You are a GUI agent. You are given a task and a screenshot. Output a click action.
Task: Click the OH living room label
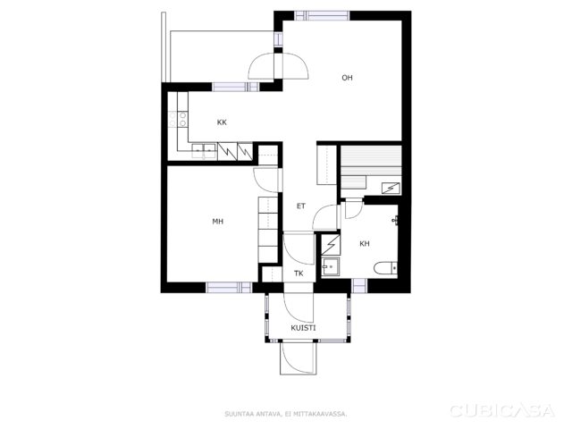tap(347, 78)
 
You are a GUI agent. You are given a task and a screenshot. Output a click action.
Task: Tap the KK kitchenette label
tap(222, 122)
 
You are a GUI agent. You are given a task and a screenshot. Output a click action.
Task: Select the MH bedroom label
tap(218, 222)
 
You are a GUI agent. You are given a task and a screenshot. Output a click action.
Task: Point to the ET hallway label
tap(301, 206)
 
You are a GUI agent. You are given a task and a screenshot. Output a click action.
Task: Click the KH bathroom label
tap(365, 244)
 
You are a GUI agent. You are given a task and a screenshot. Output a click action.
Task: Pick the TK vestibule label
tap(299, 273)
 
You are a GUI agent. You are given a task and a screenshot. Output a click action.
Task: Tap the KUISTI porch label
tap(303, 328)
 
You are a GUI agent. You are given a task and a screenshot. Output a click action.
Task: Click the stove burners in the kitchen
tap(179, 119)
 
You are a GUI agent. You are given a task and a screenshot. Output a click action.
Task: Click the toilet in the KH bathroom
tap(385, 268)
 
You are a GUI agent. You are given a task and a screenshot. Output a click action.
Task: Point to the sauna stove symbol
tap(391, 189)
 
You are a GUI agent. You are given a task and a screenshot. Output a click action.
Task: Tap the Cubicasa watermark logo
tap(502, 411)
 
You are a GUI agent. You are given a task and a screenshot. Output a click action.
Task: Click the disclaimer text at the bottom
tap(286, 414)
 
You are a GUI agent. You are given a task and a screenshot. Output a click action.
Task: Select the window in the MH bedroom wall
tap(229, 288)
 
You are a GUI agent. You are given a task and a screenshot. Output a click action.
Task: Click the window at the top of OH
tap(322, 16)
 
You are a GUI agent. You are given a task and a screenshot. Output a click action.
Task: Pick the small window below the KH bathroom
tap(359, 286)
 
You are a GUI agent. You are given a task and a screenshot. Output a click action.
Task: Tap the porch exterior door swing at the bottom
tap(299, 358)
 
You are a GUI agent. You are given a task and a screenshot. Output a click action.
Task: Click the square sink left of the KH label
tap(331, 266)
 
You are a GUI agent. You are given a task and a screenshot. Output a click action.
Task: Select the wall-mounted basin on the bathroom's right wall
tap(395, 221)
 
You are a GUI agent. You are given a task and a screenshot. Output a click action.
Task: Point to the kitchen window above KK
tap(236, 87)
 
